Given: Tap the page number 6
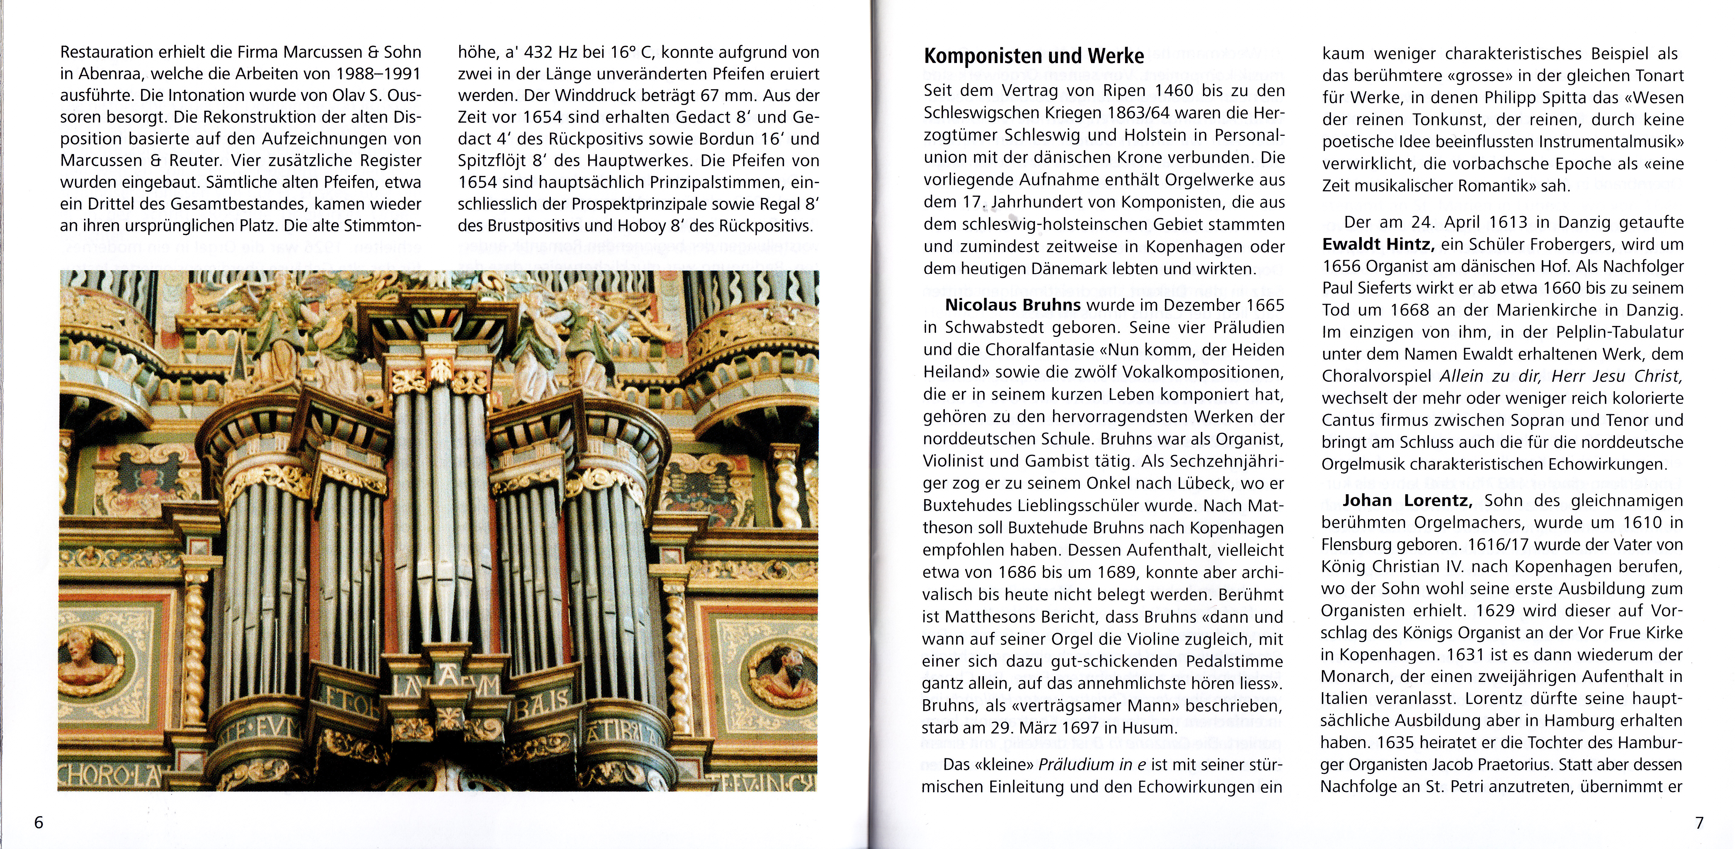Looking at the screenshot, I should click(39, 823).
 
